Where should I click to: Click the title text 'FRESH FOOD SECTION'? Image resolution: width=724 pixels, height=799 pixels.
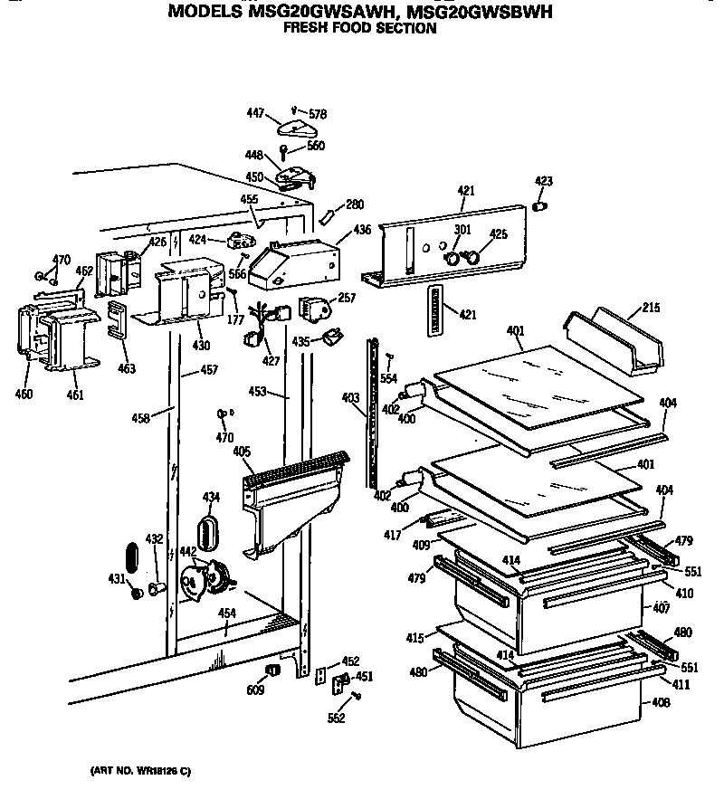pos(359,28)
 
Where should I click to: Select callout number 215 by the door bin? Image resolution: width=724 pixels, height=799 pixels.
pos(649,308)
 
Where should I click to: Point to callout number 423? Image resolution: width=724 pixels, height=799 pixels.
pos(543,182)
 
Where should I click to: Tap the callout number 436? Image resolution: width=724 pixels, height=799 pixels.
pos(362,231)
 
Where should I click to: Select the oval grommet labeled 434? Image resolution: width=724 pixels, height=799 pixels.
pos(209,533)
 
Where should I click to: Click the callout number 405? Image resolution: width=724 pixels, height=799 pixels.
pos(242,452)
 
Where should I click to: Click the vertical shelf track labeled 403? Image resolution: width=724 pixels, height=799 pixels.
pos(372,416)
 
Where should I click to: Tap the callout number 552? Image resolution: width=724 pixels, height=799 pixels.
pos(338,718)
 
